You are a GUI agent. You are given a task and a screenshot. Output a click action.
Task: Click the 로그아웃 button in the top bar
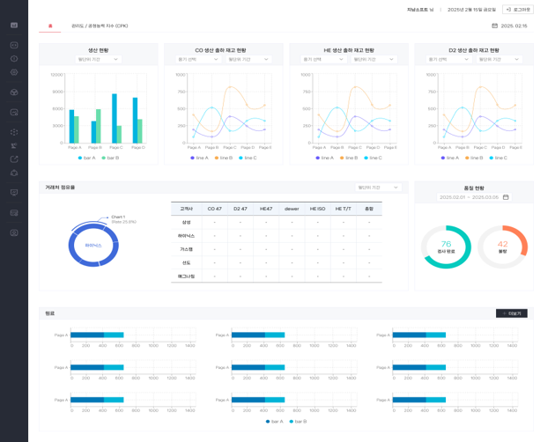click(x=517, y=9)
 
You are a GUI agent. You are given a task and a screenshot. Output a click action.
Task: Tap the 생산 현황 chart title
click(x=99, y=50)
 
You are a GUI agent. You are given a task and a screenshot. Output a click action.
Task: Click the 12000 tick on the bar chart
click(x=57, y=75)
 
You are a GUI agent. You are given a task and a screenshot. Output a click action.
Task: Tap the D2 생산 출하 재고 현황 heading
click(x=474, y=50)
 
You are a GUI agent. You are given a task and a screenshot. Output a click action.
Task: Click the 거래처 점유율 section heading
click(x=61, y=188)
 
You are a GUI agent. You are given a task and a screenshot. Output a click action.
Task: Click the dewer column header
click(x=292, y=209)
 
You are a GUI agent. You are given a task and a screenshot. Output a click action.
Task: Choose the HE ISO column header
click(x=317, y=209)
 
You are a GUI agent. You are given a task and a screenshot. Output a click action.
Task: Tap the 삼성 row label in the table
click(x=186, y=222)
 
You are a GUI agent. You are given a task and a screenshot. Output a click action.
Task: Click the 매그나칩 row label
click(x=186, y=276)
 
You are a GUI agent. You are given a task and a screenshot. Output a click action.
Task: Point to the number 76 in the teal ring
click(x=446, y=244)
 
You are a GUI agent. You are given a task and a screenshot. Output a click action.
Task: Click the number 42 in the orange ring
click(x=503, y=244)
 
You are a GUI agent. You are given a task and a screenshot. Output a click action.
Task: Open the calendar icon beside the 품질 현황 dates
click(x=506, y=197)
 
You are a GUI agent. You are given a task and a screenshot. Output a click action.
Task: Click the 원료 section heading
click(x=49, y=313)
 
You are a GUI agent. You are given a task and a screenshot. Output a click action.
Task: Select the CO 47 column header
click(x=214, y=209)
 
